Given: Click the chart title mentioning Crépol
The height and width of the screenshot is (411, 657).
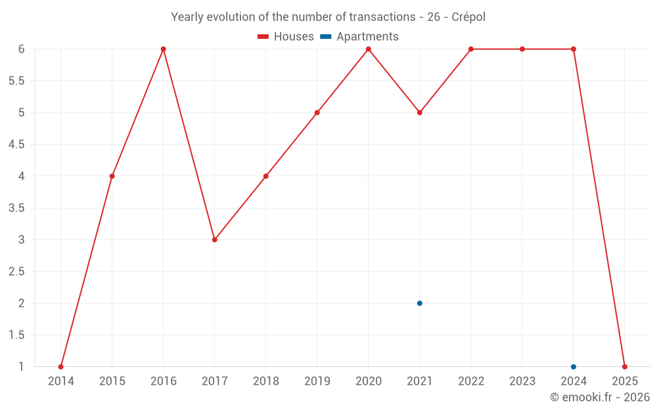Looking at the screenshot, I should (x=328, y=17).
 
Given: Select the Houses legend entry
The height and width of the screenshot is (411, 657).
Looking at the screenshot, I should (x=286, y=37).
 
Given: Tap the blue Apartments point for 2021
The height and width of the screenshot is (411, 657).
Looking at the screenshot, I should (x=419, y=303).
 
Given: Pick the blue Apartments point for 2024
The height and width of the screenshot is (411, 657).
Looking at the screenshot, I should (x=574, y=367).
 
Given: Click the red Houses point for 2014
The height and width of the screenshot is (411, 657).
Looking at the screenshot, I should (x=60, y=367).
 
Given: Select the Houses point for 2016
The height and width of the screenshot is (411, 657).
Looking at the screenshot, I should (x=164, y=49).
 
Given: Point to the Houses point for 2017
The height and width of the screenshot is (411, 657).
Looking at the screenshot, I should (x=215, y=239).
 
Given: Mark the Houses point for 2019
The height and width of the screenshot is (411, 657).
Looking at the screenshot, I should (x=317, y=112).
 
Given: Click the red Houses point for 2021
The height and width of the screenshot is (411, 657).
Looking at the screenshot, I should (x=419, y=112).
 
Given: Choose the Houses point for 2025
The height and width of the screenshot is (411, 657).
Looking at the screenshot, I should (x=625, y=367).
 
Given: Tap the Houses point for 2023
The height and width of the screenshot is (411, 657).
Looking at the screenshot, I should (x=522, y=49).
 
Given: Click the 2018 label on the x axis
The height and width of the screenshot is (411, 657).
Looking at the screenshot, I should (x=266, y=381).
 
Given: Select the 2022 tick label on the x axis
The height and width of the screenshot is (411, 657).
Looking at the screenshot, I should (x=471, y=381).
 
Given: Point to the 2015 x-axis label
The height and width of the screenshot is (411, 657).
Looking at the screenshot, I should (x=112, y=381).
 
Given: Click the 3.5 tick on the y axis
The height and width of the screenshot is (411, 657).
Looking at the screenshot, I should (x=16, y=208).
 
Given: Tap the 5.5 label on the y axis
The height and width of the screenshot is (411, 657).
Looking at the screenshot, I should (x=16, y=81).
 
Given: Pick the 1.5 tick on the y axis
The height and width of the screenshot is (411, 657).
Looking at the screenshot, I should (x=16, y=335).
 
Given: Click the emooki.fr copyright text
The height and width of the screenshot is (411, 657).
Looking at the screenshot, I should (x=600, y=397).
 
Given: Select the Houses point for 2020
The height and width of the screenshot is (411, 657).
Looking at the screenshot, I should (x=369, y=49).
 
